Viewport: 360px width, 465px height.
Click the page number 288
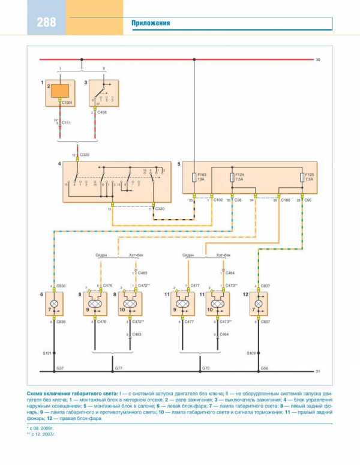pyautogui.click(x=46, y=23)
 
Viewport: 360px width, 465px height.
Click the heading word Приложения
pyautogui.click(x=151, y=23)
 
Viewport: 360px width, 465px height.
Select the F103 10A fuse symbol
pyautogui.click(x=194, y=178)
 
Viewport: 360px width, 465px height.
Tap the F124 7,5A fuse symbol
pyautogui.click(x=232, y=178)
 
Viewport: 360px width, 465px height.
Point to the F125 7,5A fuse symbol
pyautogui.click(x=301, y=178)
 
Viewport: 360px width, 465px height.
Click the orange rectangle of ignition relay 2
pyautogui.click(x=59, y=91)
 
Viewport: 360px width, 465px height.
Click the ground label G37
pyautogui.click(x=59, y=367)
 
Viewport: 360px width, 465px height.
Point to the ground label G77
pyautogui.click(x=119, y=367)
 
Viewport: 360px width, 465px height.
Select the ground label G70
pyautogui.click(x=205, y=367)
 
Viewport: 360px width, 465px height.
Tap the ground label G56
pyautogui.click(x=264, y=367)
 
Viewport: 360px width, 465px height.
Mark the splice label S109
pyautogui.click(x=251, y=352)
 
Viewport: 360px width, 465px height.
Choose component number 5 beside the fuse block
pyautogui.click(x=178, y=163)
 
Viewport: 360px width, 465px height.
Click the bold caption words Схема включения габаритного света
pyautogui.click(x=71, y=392)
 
